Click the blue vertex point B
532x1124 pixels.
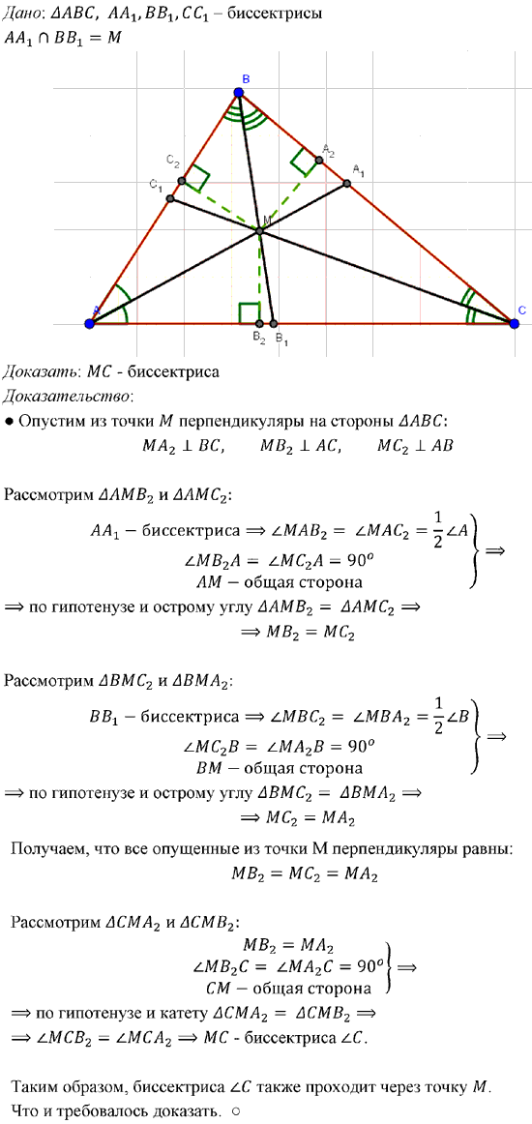240,92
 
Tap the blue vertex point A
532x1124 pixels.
90,323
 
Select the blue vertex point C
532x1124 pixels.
514,323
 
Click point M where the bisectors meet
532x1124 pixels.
260,231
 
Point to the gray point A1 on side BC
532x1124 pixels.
347,184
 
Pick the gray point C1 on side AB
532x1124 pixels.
170,198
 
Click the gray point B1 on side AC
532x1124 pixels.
273,324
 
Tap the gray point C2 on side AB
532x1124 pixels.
182,181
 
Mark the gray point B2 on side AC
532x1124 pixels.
259,324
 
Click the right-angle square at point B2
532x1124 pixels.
249,314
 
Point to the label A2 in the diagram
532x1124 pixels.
329,149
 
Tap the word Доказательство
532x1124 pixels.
67,396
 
